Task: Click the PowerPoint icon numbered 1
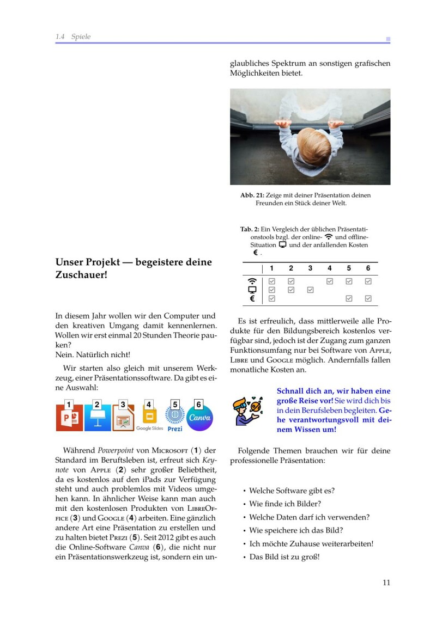pyautogui.click(x=69, y=418)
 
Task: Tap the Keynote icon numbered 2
pyautogui.click(x=98, y=418)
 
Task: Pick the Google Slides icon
pyautogui.click(x=149, y=416)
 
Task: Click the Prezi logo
pyautogui.click(x=175, y=417)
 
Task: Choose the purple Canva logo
pyautogui.click(x=199, y=418)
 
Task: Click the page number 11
pyautogui.click(x=386, y=583)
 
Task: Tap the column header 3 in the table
pyautogui.click(x=310, y=268)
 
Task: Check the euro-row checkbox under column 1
pyautogui.click(x=272, y=298)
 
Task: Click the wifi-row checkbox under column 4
pyautogui.click(x=330, y=281)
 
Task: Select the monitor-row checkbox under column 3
pyautogui.click(x=310, y=290)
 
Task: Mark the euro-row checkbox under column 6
pyautogui.click(x=368, y=298)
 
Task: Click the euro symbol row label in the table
pyautogui.click(x=252, y=298)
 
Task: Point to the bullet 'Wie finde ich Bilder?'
pyautogui.click(x=285, y=504)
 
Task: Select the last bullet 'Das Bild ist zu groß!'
pyautogui.click(x=284, y=556)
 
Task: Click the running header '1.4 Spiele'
pyautogui.click(x=73, y=36)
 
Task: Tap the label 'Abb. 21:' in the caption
pyautogui.click(x=252, y=195)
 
